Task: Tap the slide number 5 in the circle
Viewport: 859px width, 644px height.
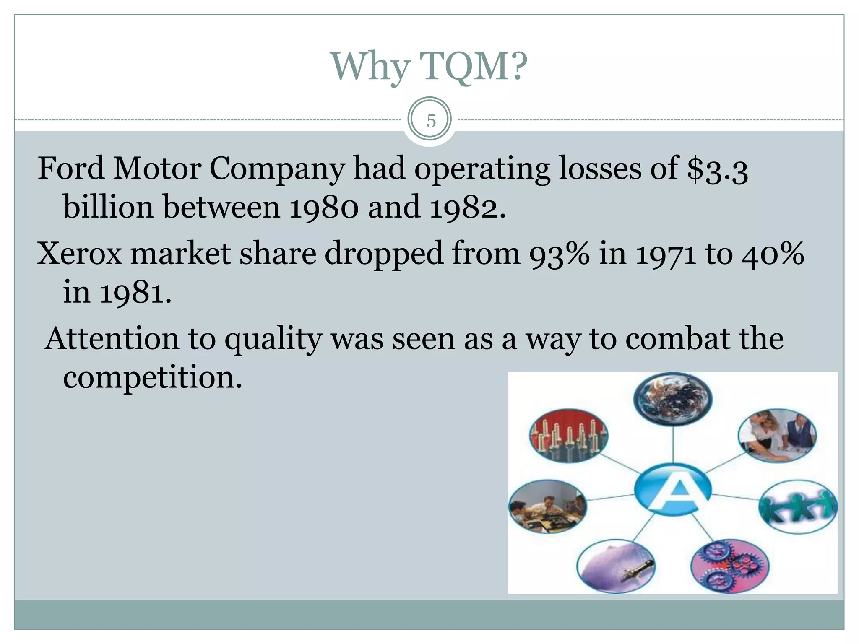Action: [430, 121]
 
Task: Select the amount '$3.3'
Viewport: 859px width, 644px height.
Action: [717, 169]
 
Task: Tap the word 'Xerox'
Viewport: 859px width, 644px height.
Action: [80, 254]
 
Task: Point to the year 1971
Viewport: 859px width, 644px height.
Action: [666, 254]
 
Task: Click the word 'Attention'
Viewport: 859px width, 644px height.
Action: [112, 339]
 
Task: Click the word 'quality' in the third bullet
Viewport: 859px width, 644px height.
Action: [273, 340]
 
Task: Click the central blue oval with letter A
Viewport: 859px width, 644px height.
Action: [672, 489]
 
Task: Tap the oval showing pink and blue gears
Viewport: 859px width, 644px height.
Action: [730, 566]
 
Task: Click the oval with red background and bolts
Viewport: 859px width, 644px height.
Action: [568, 435]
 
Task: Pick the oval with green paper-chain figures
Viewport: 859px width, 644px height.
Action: [798, 507]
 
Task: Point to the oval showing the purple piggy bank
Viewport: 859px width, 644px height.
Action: [615, 566]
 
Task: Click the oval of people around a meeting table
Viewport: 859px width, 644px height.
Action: [547, 506]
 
